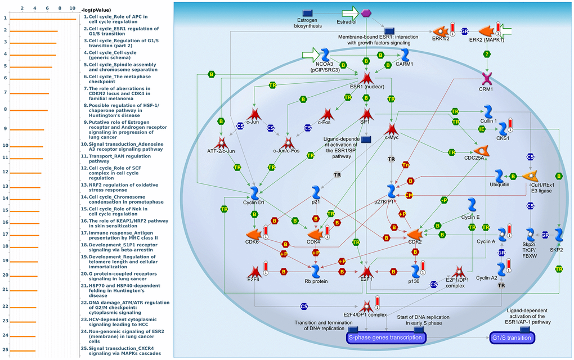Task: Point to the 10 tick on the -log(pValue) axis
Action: click(72, 8)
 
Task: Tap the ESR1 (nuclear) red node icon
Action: click(367, 78)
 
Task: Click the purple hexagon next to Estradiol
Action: click(366, 12)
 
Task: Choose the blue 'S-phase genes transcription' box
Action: click(385, 337)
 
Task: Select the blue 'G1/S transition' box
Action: click(512, 337)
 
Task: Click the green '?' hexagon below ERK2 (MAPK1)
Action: click(486, 54)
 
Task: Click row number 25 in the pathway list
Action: click(5, 350)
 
